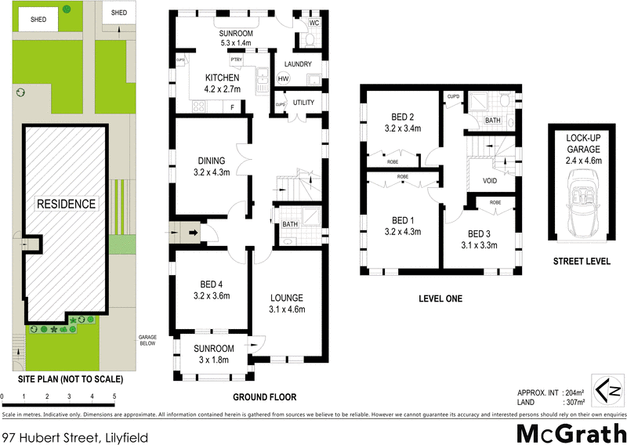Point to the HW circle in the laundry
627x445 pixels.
(283, 78)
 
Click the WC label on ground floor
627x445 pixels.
(313, 24)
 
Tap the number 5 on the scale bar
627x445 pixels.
(114, 397)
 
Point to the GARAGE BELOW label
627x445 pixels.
(148, 339)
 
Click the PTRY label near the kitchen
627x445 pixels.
(236, 60)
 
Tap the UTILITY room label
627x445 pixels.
(303, 103)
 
